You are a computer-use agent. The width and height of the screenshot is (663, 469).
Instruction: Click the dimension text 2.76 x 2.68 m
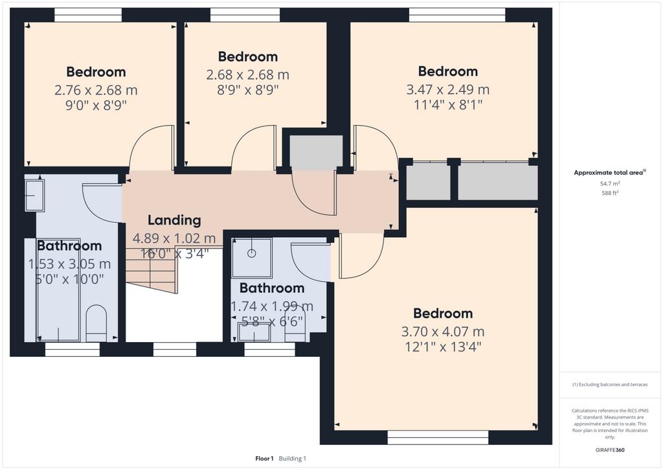pos(96,90)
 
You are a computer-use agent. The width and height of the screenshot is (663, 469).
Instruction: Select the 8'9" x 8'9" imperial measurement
pos(247,90)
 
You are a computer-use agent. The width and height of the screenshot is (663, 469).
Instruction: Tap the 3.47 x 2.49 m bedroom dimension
pos(447,89)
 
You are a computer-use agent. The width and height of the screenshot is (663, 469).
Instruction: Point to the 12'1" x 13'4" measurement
pos(443,347)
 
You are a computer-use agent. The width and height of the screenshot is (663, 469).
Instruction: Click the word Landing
pos(174,220)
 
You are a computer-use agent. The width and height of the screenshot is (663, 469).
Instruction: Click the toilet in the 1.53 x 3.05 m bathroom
pos(95,322)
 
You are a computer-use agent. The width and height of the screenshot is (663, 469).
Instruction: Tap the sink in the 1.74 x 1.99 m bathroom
pos(254,332)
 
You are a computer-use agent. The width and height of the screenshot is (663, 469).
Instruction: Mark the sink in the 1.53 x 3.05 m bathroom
pos(34,196)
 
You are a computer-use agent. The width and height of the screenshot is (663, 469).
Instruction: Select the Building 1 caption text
pos(293,459)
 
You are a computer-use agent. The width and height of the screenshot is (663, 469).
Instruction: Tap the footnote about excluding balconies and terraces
pos(610,385)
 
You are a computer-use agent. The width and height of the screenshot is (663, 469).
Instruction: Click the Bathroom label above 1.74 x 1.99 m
pos(272,288)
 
